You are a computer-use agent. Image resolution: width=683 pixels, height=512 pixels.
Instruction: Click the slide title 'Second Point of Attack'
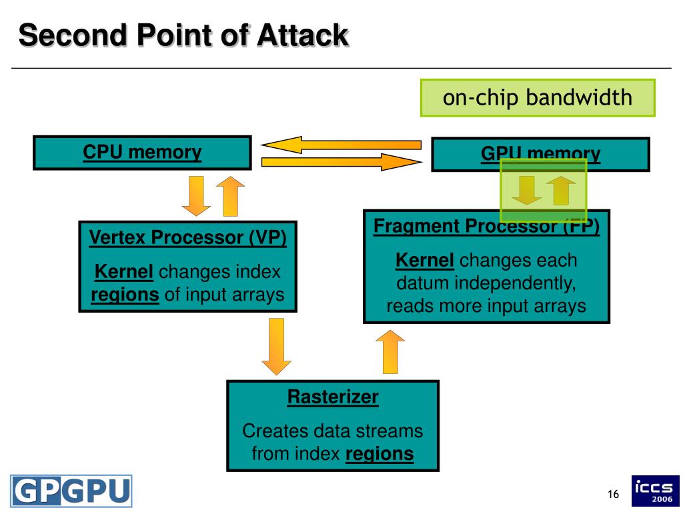[183, 35]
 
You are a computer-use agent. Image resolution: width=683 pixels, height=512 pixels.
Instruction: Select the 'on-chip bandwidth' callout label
[537, 97]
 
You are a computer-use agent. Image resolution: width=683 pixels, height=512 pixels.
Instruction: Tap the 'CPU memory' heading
[142, 153]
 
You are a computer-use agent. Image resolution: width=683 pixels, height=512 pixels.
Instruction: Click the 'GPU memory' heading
[540, 154]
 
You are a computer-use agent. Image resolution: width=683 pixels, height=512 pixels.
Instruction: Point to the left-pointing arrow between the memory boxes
[341, 145]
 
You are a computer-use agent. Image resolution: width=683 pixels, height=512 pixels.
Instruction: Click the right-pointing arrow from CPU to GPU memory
[341, 163]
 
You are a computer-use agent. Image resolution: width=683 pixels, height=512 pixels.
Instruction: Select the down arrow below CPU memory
[196, 196]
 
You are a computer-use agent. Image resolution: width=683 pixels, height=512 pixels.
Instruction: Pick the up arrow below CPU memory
[230, 197]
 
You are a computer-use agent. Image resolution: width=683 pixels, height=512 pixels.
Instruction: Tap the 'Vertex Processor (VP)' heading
[187, 238]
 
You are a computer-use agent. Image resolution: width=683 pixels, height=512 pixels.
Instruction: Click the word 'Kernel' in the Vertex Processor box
[123, 272]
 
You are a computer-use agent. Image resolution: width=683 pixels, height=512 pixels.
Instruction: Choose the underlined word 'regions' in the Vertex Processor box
[125, 295]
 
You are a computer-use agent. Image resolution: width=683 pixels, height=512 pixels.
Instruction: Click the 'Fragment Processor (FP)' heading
[486, 227]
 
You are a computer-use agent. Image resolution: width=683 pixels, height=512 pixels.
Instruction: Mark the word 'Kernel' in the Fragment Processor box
[425, 261]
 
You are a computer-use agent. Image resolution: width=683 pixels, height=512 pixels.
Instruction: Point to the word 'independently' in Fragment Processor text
[516, 283]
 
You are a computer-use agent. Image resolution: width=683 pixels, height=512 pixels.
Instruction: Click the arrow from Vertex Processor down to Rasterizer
[276, 347]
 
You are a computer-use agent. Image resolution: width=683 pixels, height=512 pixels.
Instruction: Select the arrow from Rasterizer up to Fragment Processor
[390, 352]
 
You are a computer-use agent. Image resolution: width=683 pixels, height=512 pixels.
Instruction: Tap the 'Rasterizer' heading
[333, 397]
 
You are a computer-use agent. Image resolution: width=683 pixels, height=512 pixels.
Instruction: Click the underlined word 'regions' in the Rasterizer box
[380, 453]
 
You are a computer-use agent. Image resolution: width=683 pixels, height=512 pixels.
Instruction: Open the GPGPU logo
[71, 491]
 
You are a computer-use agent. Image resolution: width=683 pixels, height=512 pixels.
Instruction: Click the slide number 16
[614, 494]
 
